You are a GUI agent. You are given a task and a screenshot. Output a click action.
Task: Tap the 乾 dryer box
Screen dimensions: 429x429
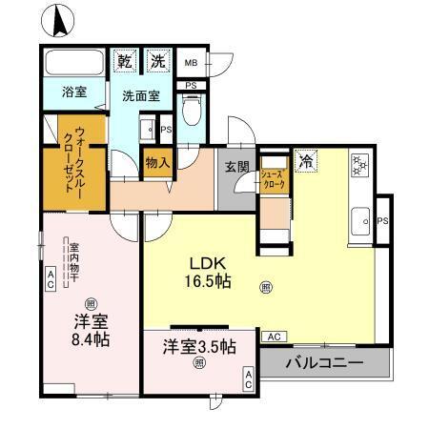point(123,61)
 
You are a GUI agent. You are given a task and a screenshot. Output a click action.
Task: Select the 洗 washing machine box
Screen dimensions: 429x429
point(157,61)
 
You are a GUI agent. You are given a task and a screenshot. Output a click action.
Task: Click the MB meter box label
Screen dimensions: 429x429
point(190,63)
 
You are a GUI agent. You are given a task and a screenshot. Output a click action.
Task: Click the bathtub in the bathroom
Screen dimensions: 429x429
point(74,67)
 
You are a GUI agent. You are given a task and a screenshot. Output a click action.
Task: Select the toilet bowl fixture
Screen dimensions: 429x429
point(191,115)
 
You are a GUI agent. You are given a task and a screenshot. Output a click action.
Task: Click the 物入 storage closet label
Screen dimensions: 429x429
point(157,163)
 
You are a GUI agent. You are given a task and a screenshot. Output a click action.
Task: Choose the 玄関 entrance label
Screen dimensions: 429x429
point(236,166)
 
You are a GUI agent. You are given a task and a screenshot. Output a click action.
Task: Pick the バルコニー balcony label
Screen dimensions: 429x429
point(325,363)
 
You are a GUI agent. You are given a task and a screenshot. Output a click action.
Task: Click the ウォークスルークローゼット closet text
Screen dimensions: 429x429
point(73,160)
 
